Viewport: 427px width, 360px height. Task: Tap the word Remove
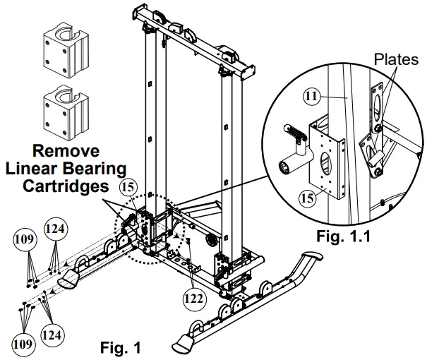68,150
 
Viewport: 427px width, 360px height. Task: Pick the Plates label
397,60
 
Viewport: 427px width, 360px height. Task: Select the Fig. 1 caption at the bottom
121,347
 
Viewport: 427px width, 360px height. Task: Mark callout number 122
193,297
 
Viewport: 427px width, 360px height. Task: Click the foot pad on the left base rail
69,282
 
